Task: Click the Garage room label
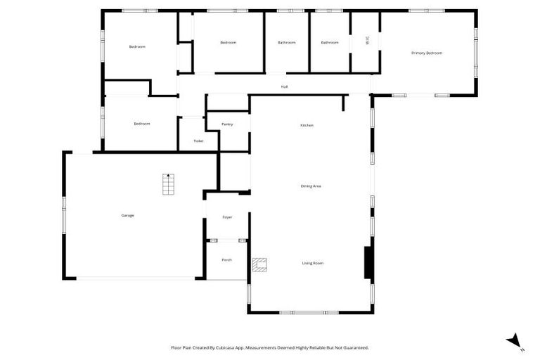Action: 127,215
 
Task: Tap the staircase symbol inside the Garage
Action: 168,184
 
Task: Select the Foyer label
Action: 227,217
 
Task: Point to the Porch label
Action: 226,260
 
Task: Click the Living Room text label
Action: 313,263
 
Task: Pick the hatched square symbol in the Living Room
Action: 260,264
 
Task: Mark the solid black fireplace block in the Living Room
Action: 367,263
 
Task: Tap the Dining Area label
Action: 311,186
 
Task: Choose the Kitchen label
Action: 307,125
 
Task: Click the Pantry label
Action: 227,124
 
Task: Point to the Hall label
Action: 284,86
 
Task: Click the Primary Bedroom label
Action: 427,53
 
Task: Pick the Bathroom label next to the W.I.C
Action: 330,42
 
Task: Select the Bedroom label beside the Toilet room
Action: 142,124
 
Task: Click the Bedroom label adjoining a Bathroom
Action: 228,42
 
